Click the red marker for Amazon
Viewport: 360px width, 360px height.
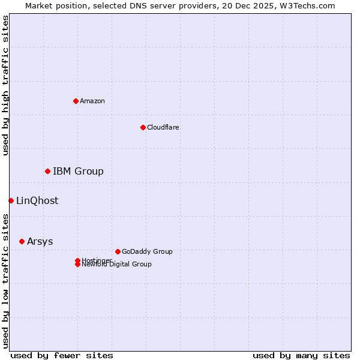(x=76, y=101)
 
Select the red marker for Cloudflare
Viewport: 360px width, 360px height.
(x=143, y=127)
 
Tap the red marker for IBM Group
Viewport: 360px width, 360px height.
(x=47, y=172)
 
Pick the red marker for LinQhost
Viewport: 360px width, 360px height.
(x=11, y=200)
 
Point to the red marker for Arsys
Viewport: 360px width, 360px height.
(x=22, y=241)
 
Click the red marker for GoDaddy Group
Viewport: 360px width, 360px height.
(x=118, y=251)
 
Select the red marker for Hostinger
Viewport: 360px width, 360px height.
(x=77, y=260)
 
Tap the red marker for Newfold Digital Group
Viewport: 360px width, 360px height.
(x=77, y=265)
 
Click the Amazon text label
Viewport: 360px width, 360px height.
(x=92, y=101)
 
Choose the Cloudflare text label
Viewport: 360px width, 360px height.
(x=163, y=127)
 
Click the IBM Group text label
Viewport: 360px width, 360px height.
(x=78, y=172)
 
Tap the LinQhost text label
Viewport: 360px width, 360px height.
(x=37, y=200)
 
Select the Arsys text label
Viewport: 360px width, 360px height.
(x=40, y=241)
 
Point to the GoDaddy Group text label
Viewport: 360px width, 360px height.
(x=147, y=251)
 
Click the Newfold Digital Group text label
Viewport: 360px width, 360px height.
(x=117, y=265)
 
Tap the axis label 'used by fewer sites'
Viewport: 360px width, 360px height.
(x=62, y=355)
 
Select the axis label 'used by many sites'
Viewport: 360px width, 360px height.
(x=301, y=355)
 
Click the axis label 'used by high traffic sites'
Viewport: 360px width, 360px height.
(x=6, y=85)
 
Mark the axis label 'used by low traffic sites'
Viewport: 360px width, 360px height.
(x=6, y=281)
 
